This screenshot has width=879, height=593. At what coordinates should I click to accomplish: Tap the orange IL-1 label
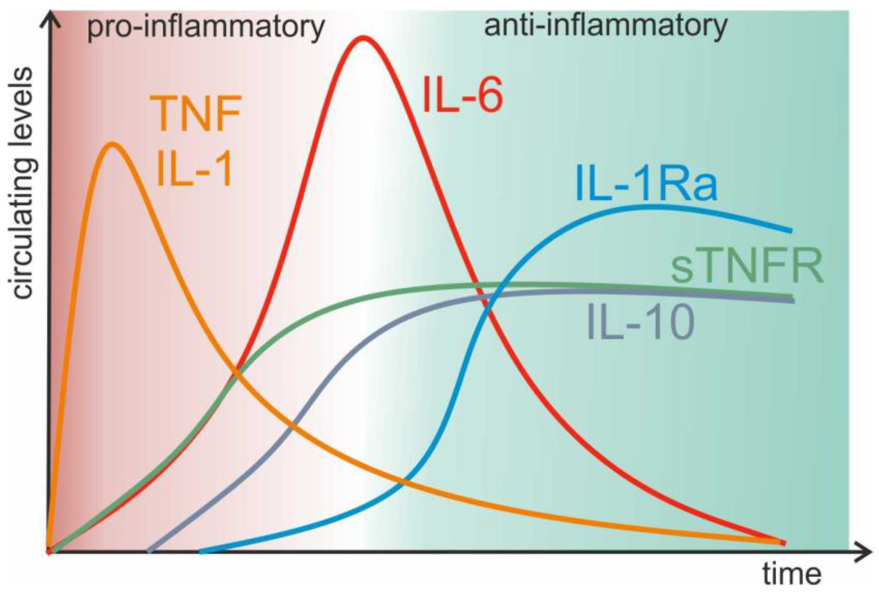coord(194,168)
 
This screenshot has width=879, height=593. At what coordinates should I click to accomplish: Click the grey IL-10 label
coord(641,322)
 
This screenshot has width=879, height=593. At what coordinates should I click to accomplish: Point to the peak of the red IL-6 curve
coord(363,38)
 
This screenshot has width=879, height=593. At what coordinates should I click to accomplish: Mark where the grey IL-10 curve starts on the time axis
coord(149,551)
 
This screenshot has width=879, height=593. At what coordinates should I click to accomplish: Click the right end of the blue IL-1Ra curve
coord(789,231)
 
